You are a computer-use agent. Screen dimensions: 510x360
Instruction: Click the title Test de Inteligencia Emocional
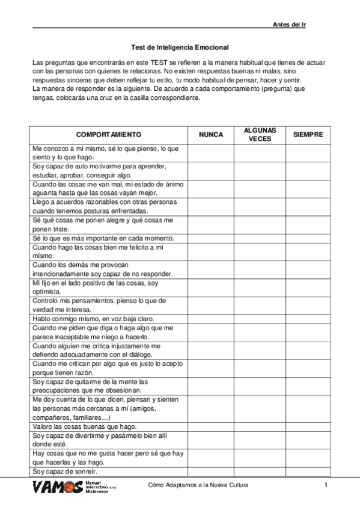pyautogui.click(x=180, y=46)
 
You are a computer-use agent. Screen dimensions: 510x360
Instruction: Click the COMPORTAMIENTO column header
pyautogui.click(x=109, y=135)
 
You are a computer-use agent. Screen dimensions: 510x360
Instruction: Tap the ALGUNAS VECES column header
pyautogui.click(x=260, y=135)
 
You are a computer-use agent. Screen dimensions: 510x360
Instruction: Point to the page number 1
pyautogui.click(x=325, y=485)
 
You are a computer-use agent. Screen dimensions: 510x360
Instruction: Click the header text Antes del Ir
pyautogui.click(x=290, y=24)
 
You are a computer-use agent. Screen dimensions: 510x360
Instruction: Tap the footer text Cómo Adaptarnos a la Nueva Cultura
pyautogui.click(x=198, y=485)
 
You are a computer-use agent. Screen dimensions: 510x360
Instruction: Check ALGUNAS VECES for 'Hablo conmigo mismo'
pyautogui.click(x=260, y=318)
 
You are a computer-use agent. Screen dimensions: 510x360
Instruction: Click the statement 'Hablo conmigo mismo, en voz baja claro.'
pyautogui.click(x=93, y=318)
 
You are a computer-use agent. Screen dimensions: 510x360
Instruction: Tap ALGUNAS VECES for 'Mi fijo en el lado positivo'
pyautogui.click(x=260, y=286)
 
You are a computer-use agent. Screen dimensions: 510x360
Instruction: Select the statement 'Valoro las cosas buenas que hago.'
pyautogui.click(x=84, y=426)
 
